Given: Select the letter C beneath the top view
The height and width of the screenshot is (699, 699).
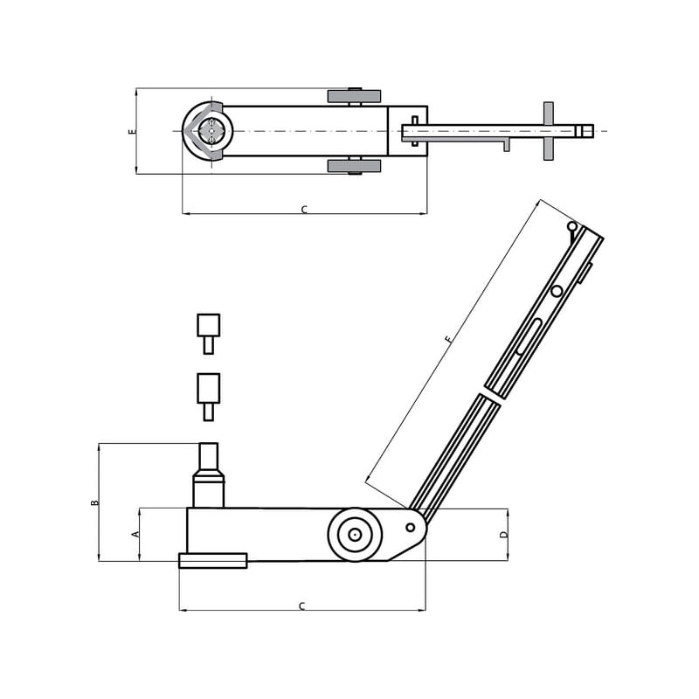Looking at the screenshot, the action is tap(304, 210).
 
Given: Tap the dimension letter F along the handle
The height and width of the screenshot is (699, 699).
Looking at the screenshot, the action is tap(449, 339).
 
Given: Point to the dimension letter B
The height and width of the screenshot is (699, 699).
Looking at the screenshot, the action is tap(94, 502).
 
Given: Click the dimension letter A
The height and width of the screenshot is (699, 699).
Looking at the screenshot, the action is tap(136, 534).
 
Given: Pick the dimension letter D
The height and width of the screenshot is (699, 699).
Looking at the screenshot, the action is tap(504, 534).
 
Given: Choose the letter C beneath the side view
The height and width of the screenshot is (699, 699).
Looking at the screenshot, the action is tap(301, 606).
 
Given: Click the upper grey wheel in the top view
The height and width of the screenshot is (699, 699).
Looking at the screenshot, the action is tap(355, 96).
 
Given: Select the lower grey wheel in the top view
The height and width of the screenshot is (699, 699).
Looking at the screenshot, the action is tap(355, 166).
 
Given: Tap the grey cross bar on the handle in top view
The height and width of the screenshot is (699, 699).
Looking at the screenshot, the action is tap(549, 131).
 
